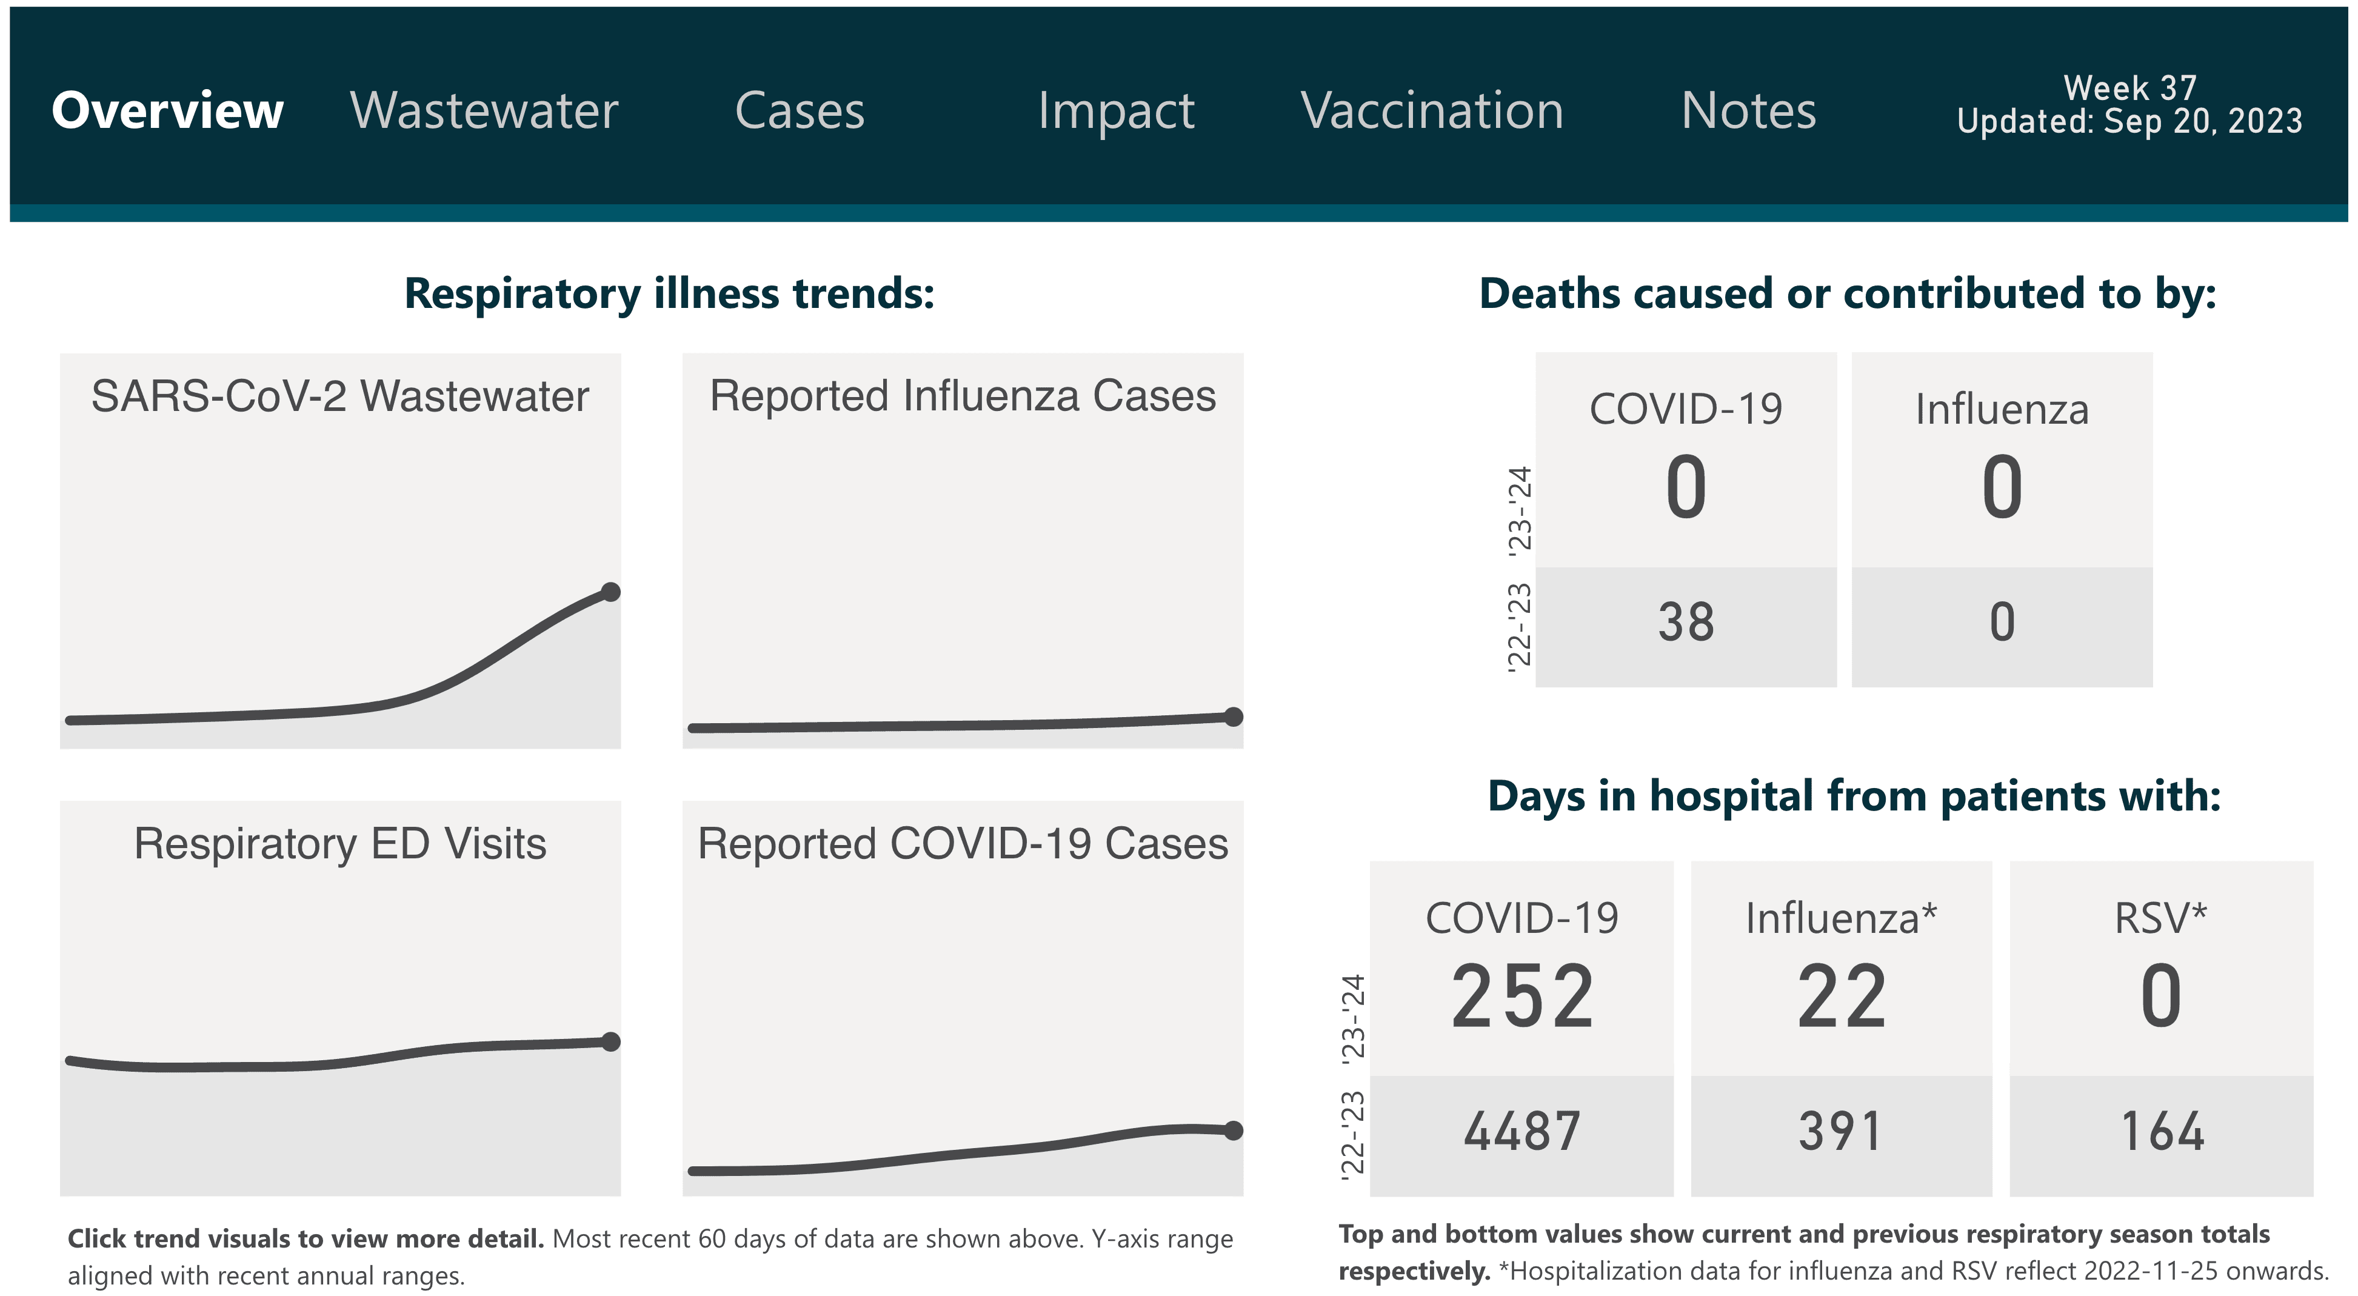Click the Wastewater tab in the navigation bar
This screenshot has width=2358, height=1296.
(484, 111)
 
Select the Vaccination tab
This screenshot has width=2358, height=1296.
(1432, 111)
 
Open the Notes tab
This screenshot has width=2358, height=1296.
(1748, 111)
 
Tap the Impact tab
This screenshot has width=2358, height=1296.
(1116, 111)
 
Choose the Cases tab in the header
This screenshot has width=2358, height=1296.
(799, 111)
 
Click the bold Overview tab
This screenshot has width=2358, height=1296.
(167, 111)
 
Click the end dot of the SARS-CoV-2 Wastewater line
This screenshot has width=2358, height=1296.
(610, 592)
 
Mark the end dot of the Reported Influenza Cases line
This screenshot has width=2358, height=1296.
(1233, 716)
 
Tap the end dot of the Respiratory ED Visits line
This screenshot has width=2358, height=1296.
(610, 1041)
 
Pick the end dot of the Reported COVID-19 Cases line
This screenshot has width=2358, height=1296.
(1233, 1131)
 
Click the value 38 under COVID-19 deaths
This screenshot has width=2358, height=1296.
(1685, 623)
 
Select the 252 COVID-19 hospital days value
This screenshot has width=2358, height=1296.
(1522, 997)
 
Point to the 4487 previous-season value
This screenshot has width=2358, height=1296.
(1522, 1131)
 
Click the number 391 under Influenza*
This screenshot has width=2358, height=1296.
(1841, 1131)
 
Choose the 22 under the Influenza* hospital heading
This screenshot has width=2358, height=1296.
(1841, 997)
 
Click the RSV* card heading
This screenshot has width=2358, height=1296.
(2160, 918)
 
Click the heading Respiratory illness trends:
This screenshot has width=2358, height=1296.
(669, 294)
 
